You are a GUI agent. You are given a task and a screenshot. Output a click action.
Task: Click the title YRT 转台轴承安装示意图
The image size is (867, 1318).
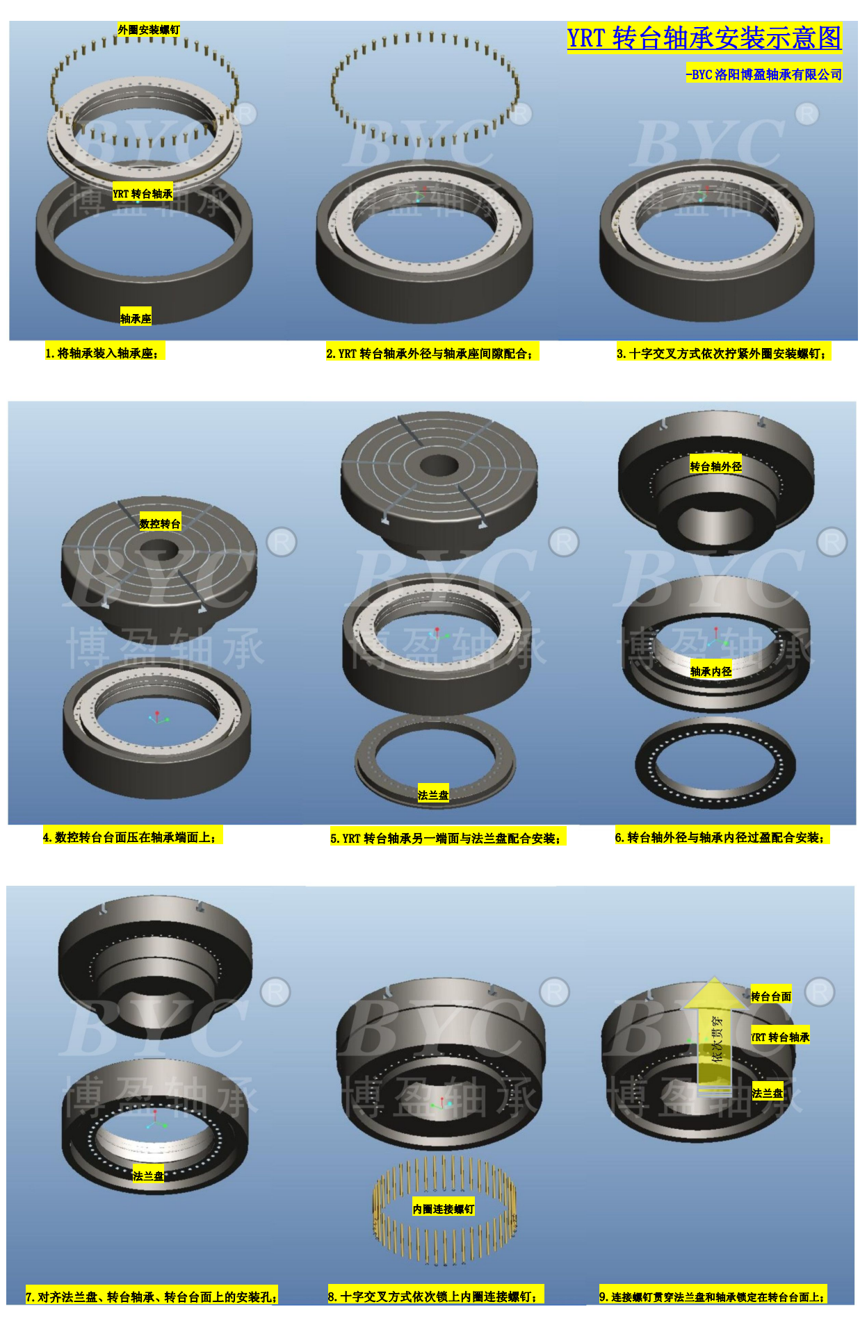point(704,38)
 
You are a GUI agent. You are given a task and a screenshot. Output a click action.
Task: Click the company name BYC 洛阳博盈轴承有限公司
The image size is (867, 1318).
point(764,74)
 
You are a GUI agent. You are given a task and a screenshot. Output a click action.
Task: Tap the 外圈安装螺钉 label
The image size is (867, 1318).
point(149,30)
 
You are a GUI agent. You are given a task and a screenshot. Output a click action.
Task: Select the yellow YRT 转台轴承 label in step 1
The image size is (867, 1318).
point(143,194)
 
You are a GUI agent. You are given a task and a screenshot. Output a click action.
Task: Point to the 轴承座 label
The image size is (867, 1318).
point(136,319)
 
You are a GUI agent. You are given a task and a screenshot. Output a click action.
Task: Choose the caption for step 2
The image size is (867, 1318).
point(430,354)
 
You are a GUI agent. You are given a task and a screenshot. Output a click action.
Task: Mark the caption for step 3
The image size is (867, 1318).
point(722,354)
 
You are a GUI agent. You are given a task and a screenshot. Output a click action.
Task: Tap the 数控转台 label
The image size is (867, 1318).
point(160,524)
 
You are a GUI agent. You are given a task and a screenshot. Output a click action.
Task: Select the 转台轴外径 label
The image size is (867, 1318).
point(716,466)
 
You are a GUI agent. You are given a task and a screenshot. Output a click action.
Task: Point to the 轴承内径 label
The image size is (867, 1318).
point(711,671)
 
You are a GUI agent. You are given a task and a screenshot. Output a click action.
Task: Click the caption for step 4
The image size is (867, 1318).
point(130,837)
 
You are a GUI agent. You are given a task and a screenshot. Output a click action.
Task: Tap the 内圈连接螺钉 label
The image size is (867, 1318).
point(444,1210)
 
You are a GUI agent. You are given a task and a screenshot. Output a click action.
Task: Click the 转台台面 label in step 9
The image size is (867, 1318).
point(771,996)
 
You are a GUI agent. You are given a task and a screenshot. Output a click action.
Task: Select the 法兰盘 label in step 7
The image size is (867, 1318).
point(149,1176)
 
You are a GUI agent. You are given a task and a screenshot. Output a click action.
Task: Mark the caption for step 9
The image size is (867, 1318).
point(713,1296)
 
